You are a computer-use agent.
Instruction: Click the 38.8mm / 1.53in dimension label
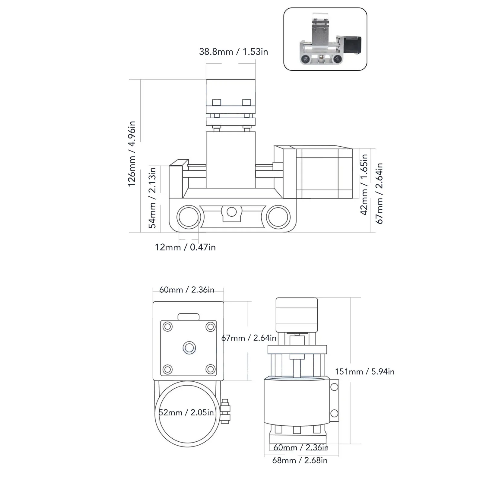(233, 52)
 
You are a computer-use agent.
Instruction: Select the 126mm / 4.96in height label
(132, 154)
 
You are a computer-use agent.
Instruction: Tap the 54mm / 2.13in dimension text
(152, 198)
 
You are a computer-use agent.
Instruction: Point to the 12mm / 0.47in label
(185, 247)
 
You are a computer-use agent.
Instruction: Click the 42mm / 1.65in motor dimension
(364, 184)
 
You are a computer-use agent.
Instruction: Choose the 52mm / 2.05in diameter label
(186, 412)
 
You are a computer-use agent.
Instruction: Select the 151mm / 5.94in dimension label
(364, 371)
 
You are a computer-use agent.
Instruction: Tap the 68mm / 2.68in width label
(300, 460)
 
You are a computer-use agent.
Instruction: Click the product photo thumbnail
(325, 39)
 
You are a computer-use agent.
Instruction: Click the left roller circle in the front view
(189, 217)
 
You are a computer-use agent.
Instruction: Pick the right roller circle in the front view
(278, 217)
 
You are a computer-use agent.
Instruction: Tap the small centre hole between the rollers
(232, 212)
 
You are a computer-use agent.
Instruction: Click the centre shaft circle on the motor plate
(189, 348)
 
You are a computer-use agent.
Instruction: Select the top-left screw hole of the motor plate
(168, 327)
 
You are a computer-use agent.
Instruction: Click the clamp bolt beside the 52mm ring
(225, 411)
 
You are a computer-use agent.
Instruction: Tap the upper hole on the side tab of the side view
(334, 387)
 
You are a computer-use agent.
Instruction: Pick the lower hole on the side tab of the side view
(334, 413)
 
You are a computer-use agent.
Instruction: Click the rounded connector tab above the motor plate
(189, 317)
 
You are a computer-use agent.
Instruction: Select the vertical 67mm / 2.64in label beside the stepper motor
(379, 193)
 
